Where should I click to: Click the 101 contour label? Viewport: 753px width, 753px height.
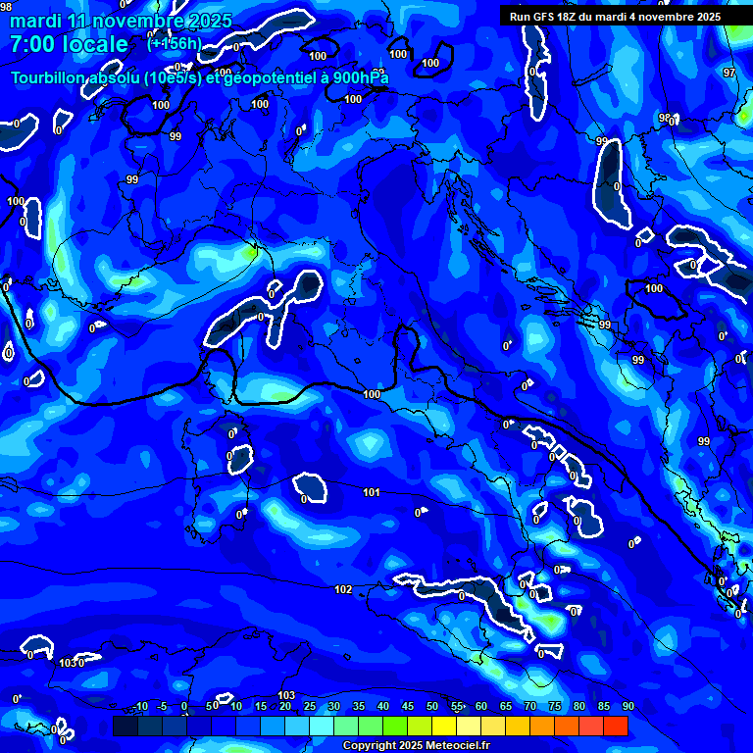(x=372, y=492)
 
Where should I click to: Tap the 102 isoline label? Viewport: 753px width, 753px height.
(x=343, y=589)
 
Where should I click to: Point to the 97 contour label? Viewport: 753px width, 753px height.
(x=728, y=74)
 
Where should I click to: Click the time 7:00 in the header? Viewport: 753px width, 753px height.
(x=32, y=44)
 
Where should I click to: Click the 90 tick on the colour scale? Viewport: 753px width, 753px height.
(x=627, y=707)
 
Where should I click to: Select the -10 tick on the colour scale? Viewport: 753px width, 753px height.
(x=139, y=707)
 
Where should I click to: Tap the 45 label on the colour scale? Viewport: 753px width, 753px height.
(x=408, y=707)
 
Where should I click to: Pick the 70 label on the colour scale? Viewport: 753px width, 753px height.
(x=530, y=707)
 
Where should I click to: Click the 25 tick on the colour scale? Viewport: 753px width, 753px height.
(x=310, y=707)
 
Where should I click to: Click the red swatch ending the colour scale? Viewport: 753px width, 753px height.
(x=616, y=726)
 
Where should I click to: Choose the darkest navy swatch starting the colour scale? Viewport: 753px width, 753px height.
(x=125, y=726)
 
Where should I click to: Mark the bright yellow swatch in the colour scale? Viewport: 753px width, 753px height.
(x=444, y=726)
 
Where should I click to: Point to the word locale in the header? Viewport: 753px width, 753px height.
(x=95, y=44)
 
